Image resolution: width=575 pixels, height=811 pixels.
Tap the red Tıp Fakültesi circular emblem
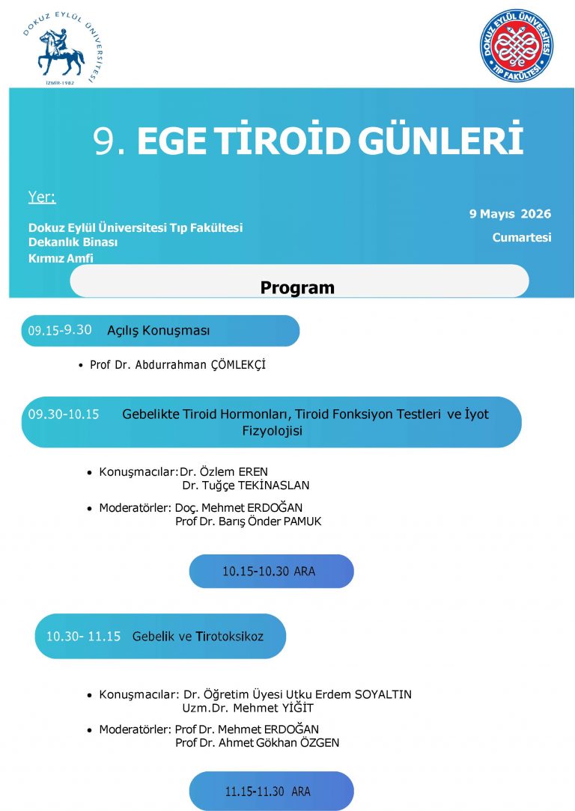point(517,46)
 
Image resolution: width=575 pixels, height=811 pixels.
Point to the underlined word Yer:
point(42,198)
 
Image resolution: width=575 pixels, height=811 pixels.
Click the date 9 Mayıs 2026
point(510,214)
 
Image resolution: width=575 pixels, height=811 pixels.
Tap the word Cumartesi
point(521,238)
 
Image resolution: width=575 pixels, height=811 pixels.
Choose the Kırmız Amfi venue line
point(66,259)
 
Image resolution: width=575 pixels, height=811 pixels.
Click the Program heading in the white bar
point(297,288)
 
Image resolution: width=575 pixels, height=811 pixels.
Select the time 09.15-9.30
point(60,330)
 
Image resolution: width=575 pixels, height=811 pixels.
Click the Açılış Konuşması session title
point(158,330)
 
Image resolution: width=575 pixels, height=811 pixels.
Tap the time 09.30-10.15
point(64,414)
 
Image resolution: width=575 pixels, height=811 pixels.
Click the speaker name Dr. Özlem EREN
point(224,472)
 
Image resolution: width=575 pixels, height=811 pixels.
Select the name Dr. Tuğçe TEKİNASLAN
point(246,486)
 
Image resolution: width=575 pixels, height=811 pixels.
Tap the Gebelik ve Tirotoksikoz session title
point(198,637)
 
